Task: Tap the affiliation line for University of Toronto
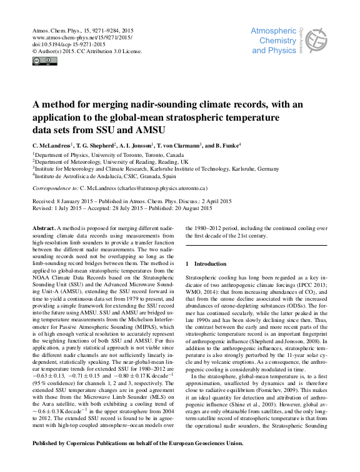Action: pos(108,154)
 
